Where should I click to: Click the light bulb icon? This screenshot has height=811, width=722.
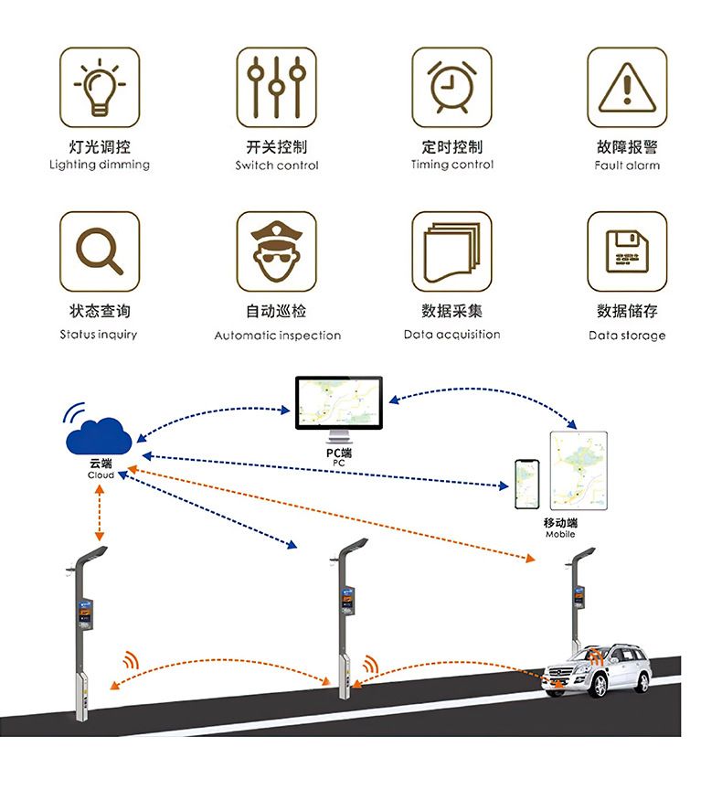(100, 88)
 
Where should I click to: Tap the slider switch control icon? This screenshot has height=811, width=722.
(276, 88)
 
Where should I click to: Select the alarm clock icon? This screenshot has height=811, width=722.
(451, 88)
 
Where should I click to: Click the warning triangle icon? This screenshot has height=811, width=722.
(627, 88)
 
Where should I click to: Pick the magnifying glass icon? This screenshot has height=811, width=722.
(100, 251)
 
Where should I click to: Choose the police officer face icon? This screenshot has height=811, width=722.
(276, 251)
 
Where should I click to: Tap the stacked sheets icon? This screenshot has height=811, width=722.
(451, 251)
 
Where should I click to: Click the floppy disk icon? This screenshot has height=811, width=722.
(627, 251)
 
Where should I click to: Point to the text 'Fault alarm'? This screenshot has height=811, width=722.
(627, 165)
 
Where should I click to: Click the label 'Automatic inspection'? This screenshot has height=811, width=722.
(277, 336)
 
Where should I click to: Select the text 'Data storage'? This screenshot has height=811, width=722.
(627, 336)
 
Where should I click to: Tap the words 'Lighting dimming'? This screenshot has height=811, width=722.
(100, 165)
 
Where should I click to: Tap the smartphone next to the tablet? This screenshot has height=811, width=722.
(526, 485)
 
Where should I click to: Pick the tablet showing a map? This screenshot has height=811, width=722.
(579, 470)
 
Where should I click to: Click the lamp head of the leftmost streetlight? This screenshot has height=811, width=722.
(94, 553)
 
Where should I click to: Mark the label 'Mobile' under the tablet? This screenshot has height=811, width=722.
(560, 534)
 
